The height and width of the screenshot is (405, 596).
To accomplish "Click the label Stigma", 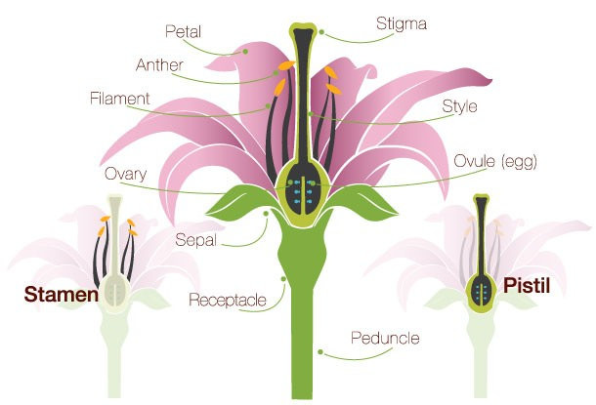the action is coord(402,24).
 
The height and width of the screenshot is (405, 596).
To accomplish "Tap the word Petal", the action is coord(184,31).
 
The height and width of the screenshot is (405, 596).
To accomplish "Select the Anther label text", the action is coord(159,65).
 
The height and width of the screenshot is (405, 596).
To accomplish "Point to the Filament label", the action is coord(120,99).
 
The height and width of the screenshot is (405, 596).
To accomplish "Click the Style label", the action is coord(459,106).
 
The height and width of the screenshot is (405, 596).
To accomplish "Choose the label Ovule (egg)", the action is coord(495,161).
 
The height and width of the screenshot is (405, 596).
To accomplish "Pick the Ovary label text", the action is coord(125,175).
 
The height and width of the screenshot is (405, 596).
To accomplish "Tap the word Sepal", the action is coord(195,240).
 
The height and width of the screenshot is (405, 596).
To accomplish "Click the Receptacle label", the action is coord(228,300).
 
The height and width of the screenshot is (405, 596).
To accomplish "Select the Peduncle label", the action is coord(385,338).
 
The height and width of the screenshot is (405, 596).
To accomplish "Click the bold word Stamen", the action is coord(62,294).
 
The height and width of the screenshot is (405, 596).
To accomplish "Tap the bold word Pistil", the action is coord(527,285).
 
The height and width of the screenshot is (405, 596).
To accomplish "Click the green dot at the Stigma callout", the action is coord(321,32).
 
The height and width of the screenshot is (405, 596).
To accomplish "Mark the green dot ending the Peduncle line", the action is coord(320,352).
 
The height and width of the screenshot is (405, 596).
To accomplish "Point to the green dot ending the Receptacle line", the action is coord(283,279).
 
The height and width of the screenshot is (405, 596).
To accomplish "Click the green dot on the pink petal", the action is coord(245,52).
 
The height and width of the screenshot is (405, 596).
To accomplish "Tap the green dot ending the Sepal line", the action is coord(266,214).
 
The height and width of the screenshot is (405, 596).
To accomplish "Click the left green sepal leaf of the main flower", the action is coord(239,203).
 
